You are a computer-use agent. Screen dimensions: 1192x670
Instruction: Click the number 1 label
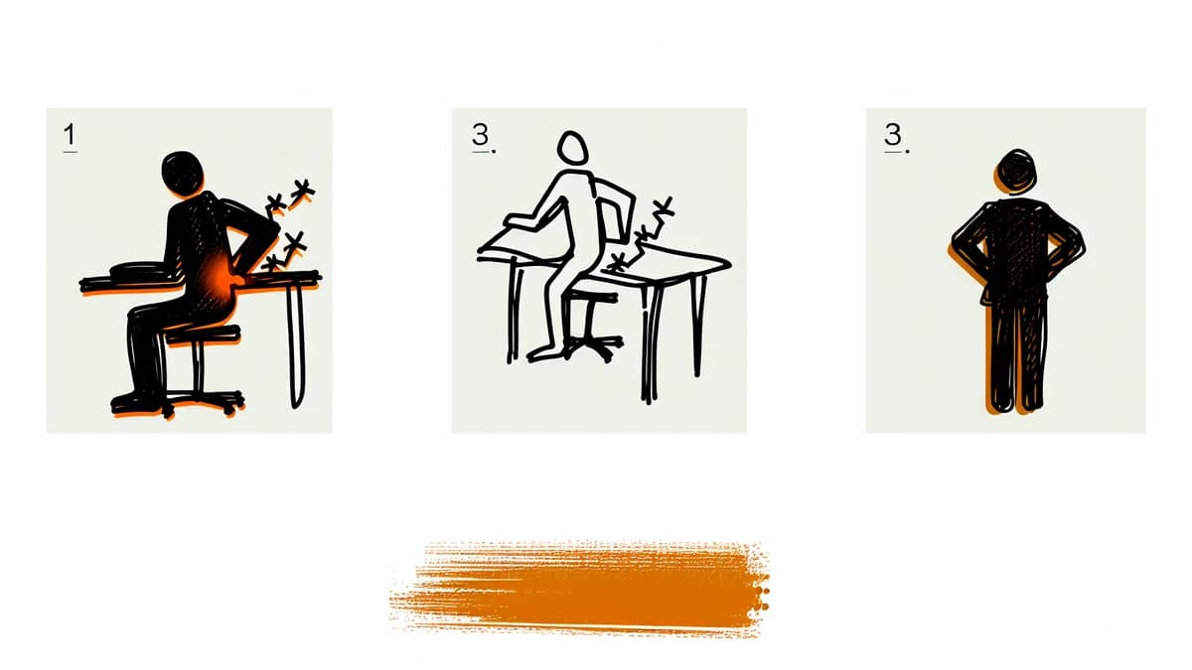(x=70, y=136)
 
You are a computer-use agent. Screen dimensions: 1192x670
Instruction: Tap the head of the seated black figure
(x=182, y=173)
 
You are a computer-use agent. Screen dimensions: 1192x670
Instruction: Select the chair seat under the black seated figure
(x=203, y=335)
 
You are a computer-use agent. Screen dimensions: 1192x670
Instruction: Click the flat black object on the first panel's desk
(x=143, y=270)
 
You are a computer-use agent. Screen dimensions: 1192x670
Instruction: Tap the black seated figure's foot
(x=134, y=402)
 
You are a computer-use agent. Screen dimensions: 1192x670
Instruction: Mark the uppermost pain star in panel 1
(x=302, y=192)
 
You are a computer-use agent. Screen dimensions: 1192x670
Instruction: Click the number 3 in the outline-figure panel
(x=481, y=135)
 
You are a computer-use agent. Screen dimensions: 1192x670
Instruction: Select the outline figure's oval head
(x=572, y=147)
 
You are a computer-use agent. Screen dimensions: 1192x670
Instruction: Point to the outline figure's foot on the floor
(x=542, y=354)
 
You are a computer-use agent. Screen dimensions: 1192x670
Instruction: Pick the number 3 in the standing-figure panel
(x=893, y=135)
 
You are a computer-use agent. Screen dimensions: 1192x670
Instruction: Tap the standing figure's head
(x=1016, y=173)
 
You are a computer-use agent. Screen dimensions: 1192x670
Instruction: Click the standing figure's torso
(x=1016, y=250)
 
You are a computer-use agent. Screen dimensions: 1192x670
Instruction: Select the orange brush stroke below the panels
(x=580, y=589)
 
